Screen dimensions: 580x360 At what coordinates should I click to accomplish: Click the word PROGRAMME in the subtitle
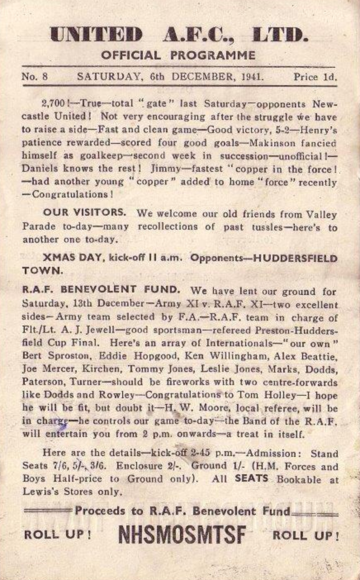(213, 55)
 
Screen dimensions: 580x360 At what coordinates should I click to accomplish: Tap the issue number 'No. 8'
(35, 77)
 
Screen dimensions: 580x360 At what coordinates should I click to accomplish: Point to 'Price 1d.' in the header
(315, 77)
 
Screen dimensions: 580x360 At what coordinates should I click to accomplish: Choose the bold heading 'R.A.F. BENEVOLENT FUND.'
(101, 290)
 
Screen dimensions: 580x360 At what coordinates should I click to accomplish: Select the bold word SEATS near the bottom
(251, 479)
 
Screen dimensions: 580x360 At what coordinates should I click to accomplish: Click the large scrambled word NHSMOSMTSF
(182, 535)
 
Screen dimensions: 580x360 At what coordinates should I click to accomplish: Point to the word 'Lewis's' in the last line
(38, 492)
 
